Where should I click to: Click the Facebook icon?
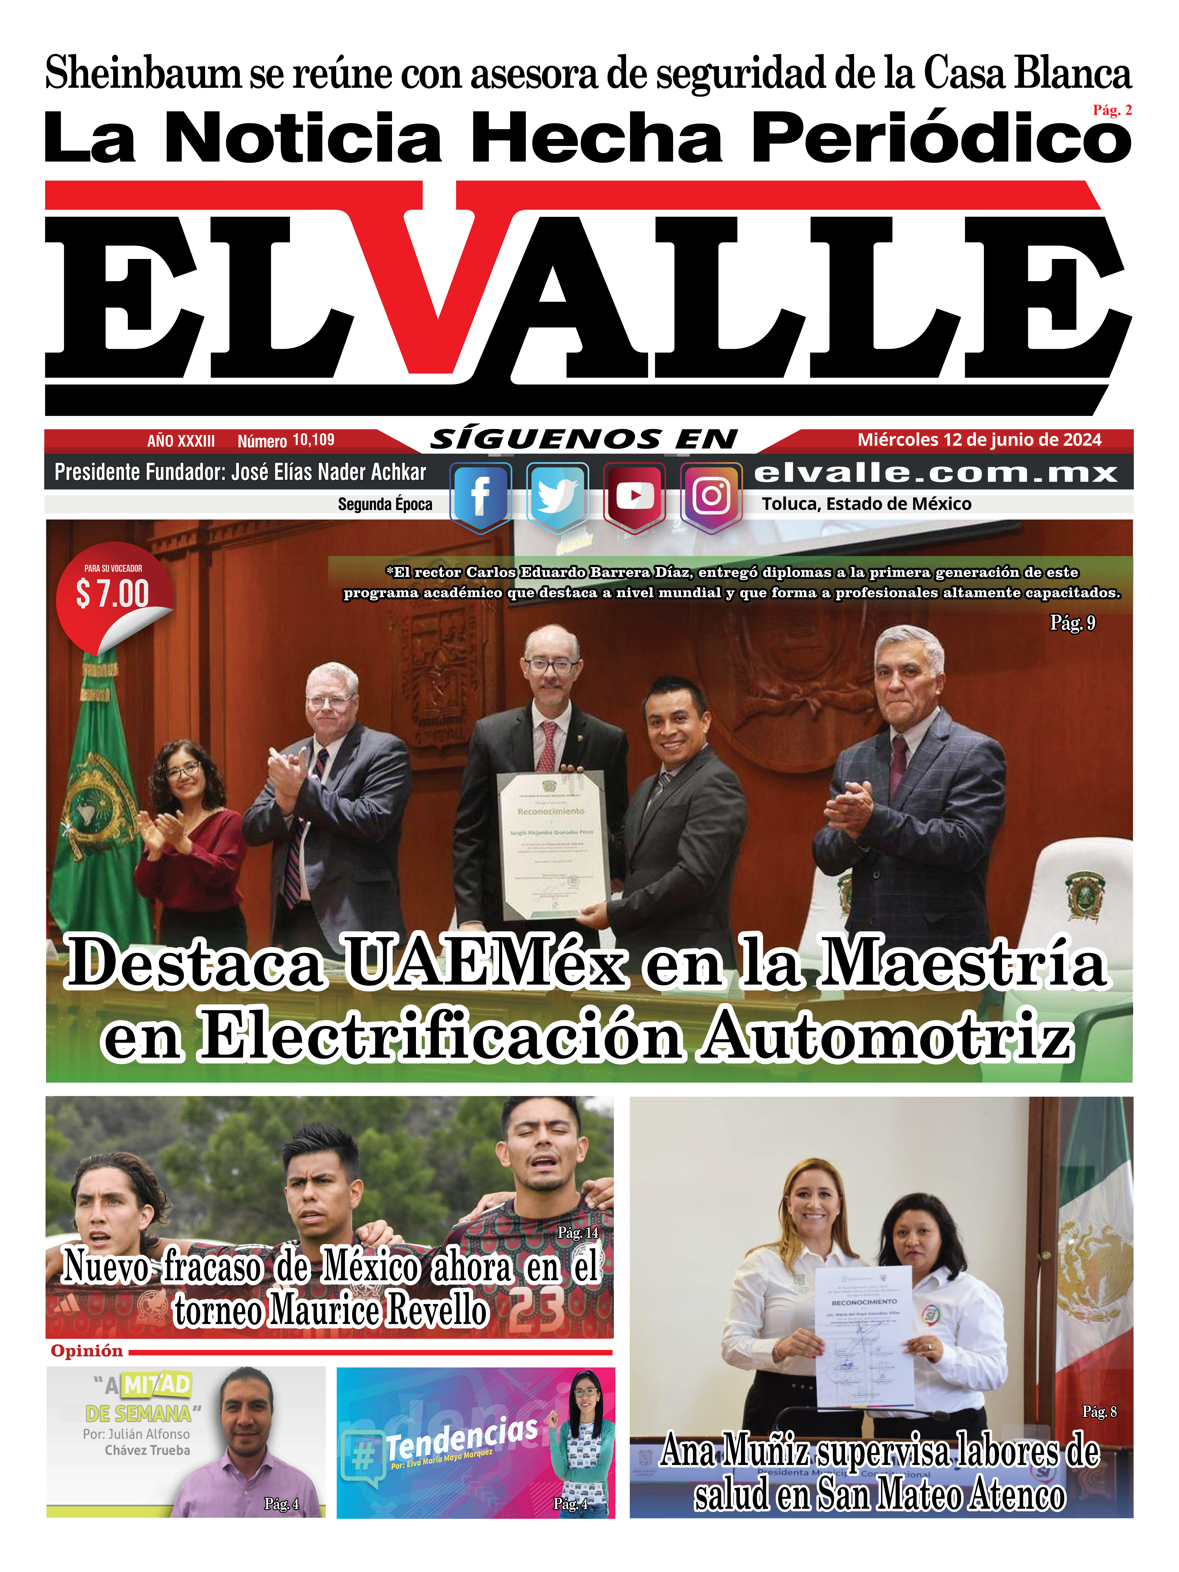(x=480, y=495)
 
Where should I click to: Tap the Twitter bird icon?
(x=557, y=495)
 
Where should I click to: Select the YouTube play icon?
(x=635, y=495)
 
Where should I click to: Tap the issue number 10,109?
(x=313, y=440)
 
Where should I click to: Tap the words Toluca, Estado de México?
(x=866, y=504)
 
